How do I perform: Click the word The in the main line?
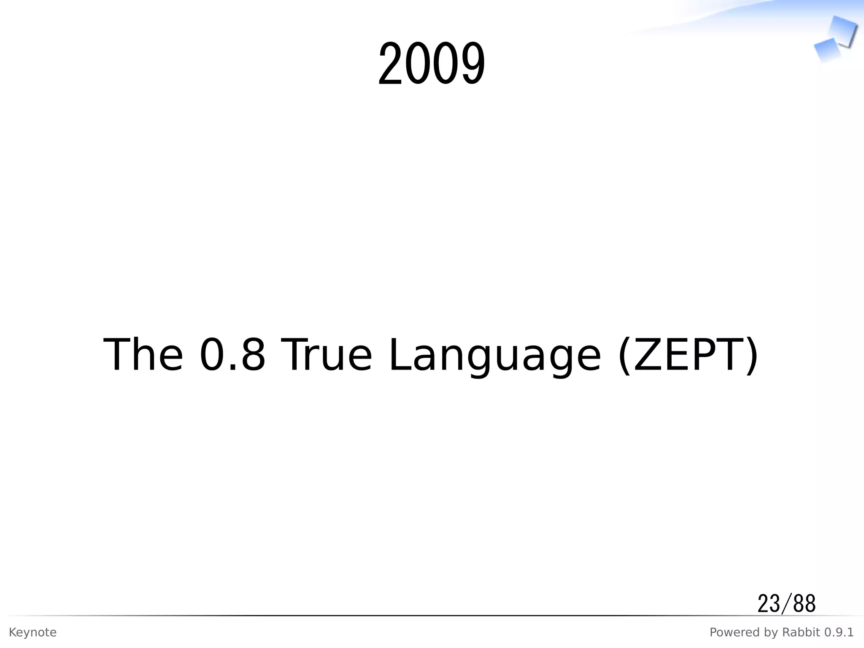click(x=143, y=355)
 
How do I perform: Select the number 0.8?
click(x=232, y=355)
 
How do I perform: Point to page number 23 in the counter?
click(x=769, y=604)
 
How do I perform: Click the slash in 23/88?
click(x=786, y=604)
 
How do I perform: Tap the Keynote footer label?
click(x=32, y=632)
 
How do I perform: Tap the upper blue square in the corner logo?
click(x=843, y=30)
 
